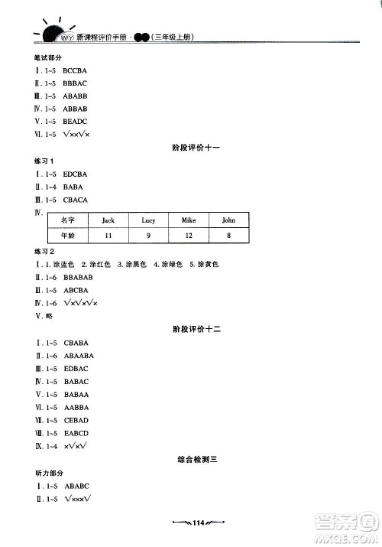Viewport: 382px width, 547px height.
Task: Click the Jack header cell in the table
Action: pos(108,220)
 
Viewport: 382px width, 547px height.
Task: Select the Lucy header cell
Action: pos(148,220)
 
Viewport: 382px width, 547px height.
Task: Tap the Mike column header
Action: pos(188,220)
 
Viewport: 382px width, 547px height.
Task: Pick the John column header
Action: pos(228,220)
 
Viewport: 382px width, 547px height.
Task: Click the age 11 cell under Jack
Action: pos(108,236)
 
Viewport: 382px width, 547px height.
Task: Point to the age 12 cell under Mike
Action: pos(188,236)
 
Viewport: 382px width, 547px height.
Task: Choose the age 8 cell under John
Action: pos(228,236)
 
